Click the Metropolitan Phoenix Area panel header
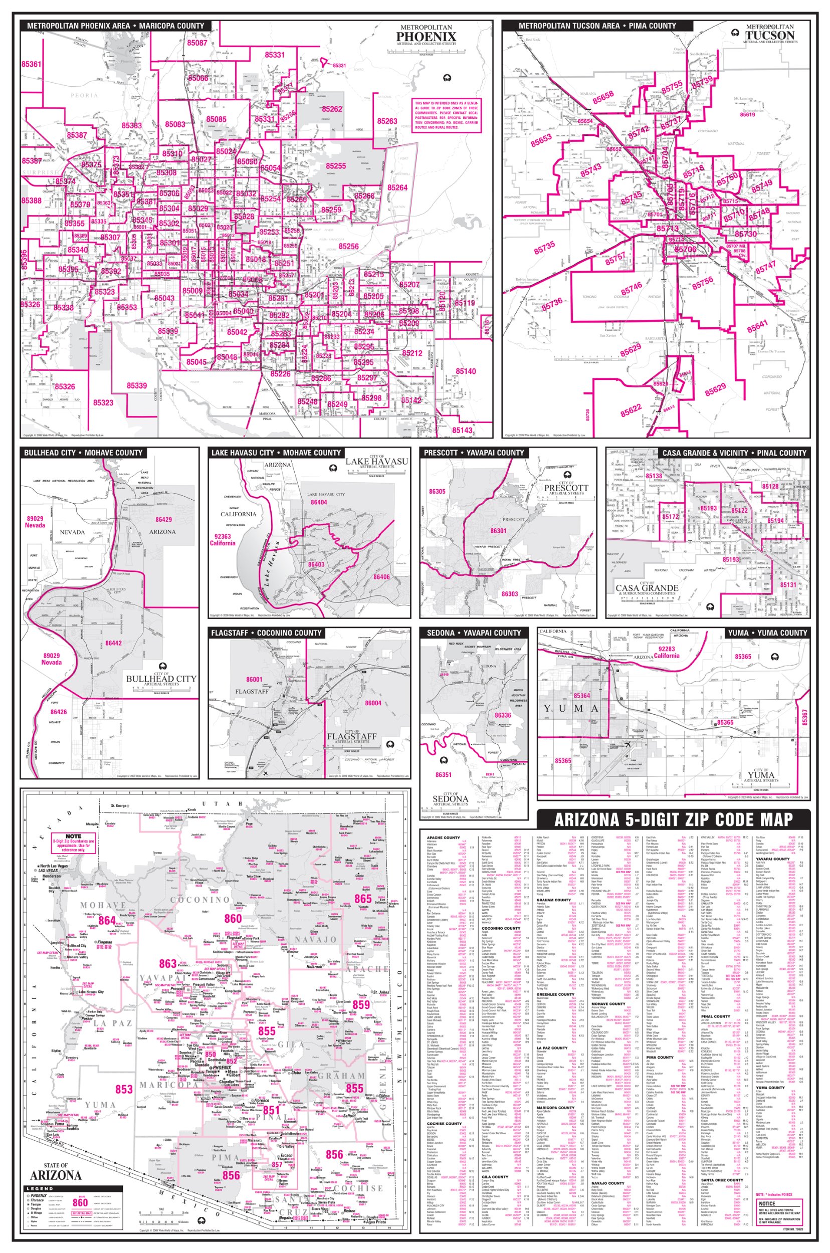coord(115,26)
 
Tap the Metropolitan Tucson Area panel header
coord(597,26)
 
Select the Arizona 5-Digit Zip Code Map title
coord(673,819)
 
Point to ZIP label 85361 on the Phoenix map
coord(31,64)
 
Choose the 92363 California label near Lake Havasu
coord(223,539)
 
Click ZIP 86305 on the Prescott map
coord(437,491)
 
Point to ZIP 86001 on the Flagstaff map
coord(254,679)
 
